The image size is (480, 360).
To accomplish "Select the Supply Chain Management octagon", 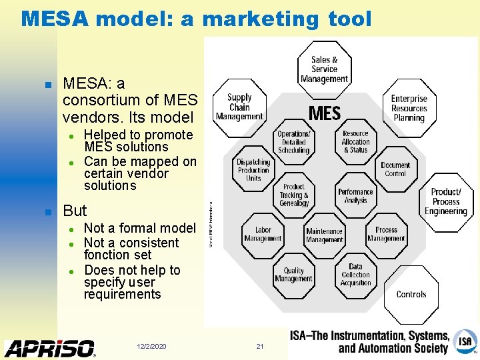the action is (239, 107).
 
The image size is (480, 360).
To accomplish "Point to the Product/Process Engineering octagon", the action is (445, 201).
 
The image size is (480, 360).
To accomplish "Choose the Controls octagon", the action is (411, 294).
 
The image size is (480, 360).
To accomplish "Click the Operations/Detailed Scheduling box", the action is (293, 142).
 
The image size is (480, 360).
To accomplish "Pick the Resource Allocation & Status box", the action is (355, 142).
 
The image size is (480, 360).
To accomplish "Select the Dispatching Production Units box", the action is (253, 170).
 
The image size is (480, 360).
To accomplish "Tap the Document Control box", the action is (395, 169).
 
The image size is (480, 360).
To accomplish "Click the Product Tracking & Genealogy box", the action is (293, 195).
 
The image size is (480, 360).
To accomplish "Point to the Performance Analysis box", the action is (355, 196).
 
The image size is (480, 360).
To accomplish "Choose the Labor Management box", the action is (263, 234).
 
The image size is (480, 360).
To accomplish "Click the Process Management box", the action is (386, 234).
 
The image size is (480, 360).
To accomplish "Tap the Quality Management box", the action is (293, 275).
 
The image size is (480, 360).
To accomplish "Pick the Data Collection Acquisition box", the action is (355, 275).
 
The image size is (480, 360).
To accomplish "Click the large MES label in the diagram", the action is (325, 113).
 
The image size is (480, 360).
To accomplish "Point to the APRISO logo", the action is (50, 348).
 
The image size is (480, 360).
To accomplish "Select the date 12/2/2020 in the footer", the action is (151, 347).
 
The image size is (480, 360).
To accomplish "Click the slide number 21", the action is (260, 347).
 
